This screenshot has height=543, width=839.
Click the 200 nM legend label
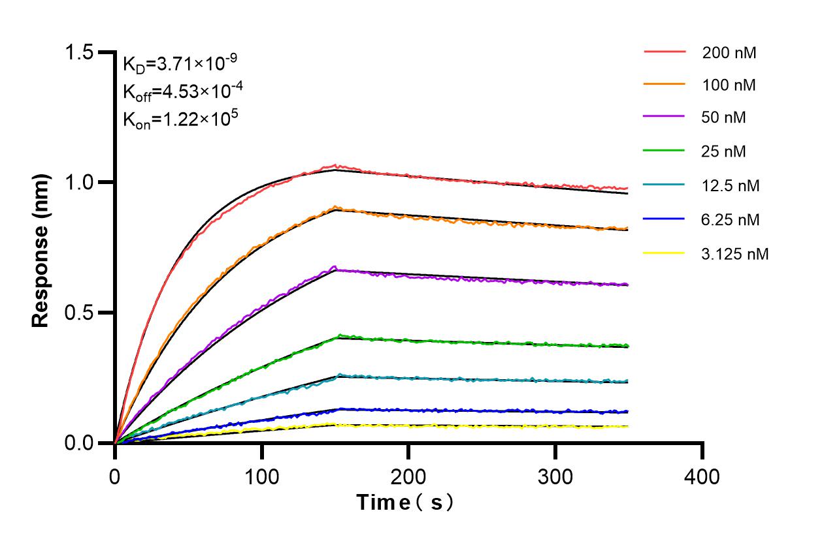pos(729,53)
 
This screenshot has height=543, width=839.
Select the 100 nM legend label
pos(729,85)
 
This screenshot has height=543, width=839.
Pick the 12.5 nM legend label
pos(731,186)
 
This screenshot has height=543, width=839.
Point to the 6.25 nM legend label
pos(731,220)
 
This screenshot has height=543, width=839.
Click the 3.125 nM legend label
pos(735,254)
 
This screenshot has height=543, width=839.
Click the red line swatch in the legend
pos(665,51)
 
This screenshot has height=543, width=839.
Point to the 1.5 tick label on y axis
pos(87,52)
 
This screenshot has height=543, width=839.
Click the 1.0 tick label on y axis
pos(87,182)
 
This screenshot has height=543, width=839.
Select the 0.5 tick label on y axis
pos(87,313)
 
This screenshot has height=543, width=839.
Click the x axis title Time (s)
pos(405,503)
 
